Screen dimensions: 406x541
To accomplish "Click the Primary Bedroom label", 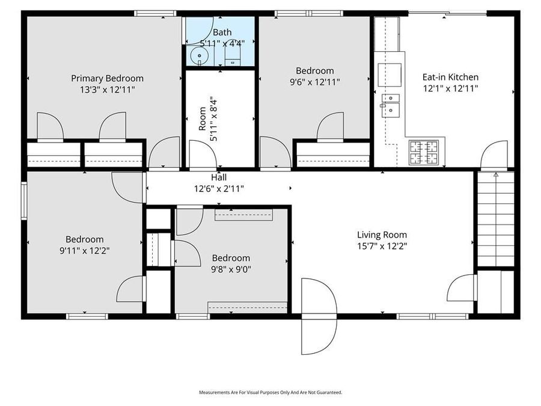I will [107, 78].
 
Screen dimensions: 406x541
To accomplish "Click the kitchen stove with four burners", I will [424, 152].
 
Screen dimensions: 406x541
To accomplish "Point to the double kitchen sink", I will [391, 104].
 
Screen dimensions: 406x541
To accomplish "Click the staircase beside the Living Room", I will [496, 220].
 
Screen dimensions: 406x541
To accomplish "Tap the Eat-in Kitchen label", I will [450, 77].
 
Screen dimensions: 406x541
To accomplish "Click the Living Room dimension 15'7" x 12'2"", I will [382, 246].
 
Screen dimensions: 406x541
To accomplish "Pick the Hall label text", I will [218, 177].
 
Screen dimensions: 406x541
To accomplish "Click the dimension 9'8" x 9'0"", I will [231, 269].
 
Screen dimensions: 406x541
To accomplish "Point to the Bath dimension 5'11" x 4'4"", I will [222, 43].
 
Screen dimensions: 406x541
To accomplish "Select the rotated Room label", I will [203, 119].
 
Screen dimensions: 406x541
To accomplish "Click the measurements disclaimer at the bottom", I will [270, 392].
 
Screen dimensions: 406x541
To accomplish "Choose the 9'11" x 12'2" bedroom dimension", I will [84, 250].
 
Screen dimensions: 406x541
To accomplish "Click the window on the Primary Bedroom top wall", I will [154, 13].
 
